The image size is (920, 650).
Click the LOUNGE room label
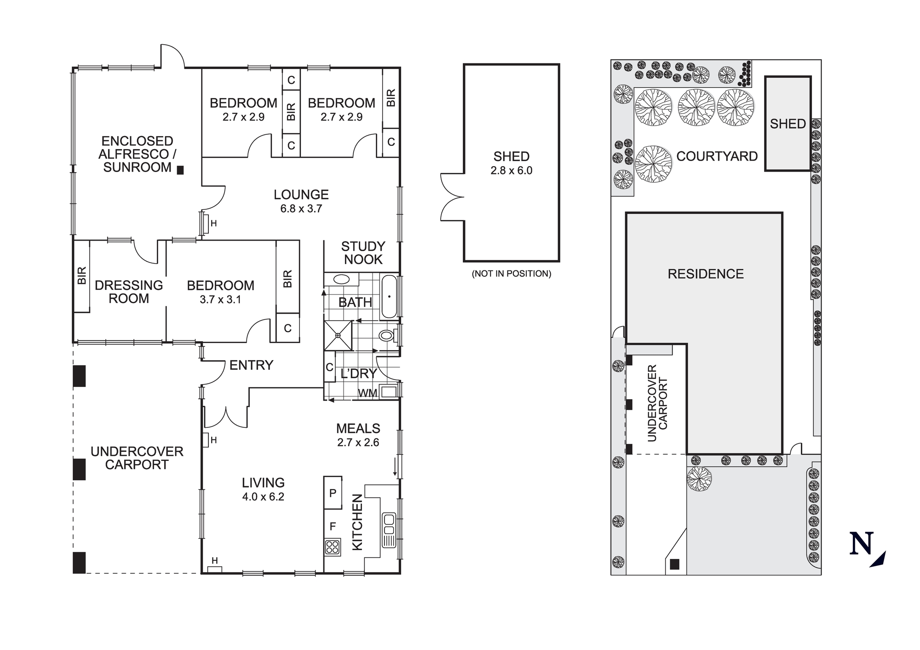click(x=301, y=195)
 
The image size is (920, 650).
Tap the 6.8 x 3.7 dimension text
click(x=301, y=209)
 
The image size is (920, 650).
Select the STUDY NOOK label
click(x=363, y=253)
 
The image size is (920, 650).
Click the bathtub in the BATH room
click(x=389, y=297)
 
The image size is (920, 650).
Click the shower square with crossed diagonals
click(x=338, y=336)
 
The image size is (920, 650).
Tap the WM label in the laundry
click(x=368, y=393)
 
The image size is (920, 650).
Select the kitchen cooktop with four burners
click(x=333, y=547)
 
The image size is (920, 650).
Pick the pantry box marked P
click(x=333, y=493)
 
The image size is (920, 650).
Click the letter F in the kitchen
click(x=333, y=526)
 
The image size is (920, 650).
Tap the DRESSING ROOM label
click(x=129, y=292)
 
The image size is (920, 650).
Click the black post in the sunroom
click(x=180, y=170)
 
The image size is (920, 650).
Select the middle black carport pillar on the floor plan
click(x=79, y=469)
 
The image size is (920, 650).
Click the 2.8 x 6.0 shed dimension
click(x=511, y=171)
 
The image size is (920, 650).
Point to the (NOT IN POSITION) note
click(x=511, y=274)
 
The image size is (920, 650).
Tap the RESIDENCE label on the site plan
click(x=705, y=274)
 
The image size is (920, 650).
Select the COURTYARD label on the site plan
click(x=717, y=156)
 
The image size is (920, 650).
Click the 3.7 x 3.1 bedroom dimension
click(x=220, y=299)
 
